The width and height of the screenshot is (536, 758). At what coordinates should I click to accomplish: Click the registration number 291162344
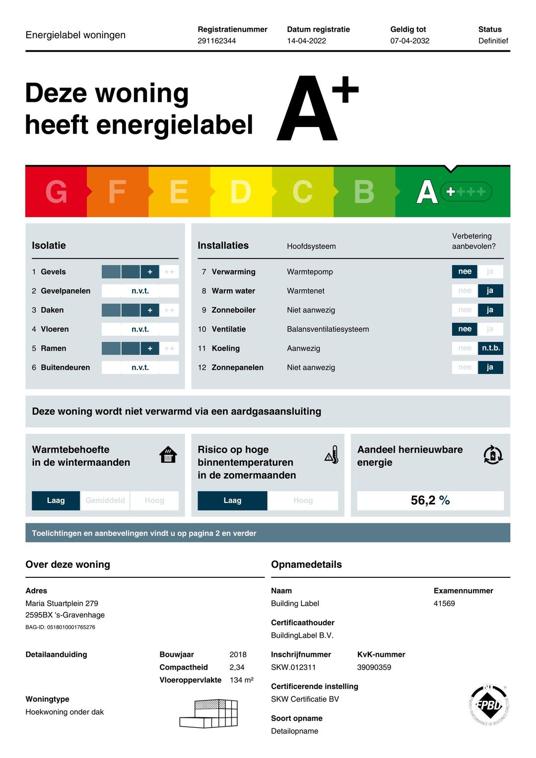point(216,41)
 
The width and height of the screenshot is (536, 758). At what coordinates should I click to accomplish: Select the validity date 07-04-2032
point(409,41)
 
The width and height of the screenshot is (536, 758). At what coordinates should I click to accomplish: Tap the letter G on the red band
point(56,192)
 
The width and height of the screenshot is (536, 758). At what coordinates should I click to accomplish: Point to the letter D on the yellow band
point(241,192)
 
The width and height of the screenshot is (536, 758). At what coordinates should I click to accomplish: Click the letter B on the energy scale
point(364,192)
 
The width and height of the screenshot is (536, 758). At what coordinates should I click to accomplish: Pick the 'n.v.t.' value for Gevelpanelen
point(140,291)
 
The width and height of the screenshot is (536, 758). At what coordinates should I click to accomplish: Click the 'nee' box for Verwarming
point(465,272)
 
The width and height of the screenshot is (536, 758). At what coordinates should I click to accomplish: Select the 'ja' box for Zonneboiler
point(490,310)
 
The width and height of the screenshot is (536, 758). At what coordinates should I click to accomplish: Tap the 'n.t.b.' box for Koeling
point(490,348)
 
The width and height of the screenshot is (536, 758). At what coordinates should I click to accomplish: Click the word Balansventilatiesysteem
point(328,329)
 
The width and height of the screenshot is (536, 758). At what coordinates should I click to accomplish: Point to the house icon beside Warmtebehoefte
point(168,454)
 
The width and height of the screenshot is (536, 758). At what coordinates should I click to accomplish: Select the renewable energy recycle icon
point(493,455)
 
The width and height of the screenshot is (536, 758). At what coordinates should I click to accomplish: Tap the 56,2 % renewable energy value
point(430,500)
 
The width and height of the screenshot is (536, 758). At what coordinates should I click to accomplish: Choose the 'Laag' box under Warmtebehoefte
point(56,500)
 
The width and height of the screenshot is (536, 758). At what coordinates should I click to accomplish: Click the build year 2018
point(238,654)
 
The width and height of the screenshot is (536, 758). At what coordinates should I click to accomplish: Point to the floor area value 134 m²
point(241,680)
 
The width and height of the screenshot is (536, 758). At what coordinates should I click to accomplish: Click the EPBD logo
point(489,705)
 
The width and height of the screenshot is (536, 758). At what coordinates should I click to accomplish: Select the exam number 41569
point(444,604)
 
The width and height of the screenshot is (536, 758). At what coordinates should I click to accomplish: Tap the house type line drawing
point(209,713)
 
